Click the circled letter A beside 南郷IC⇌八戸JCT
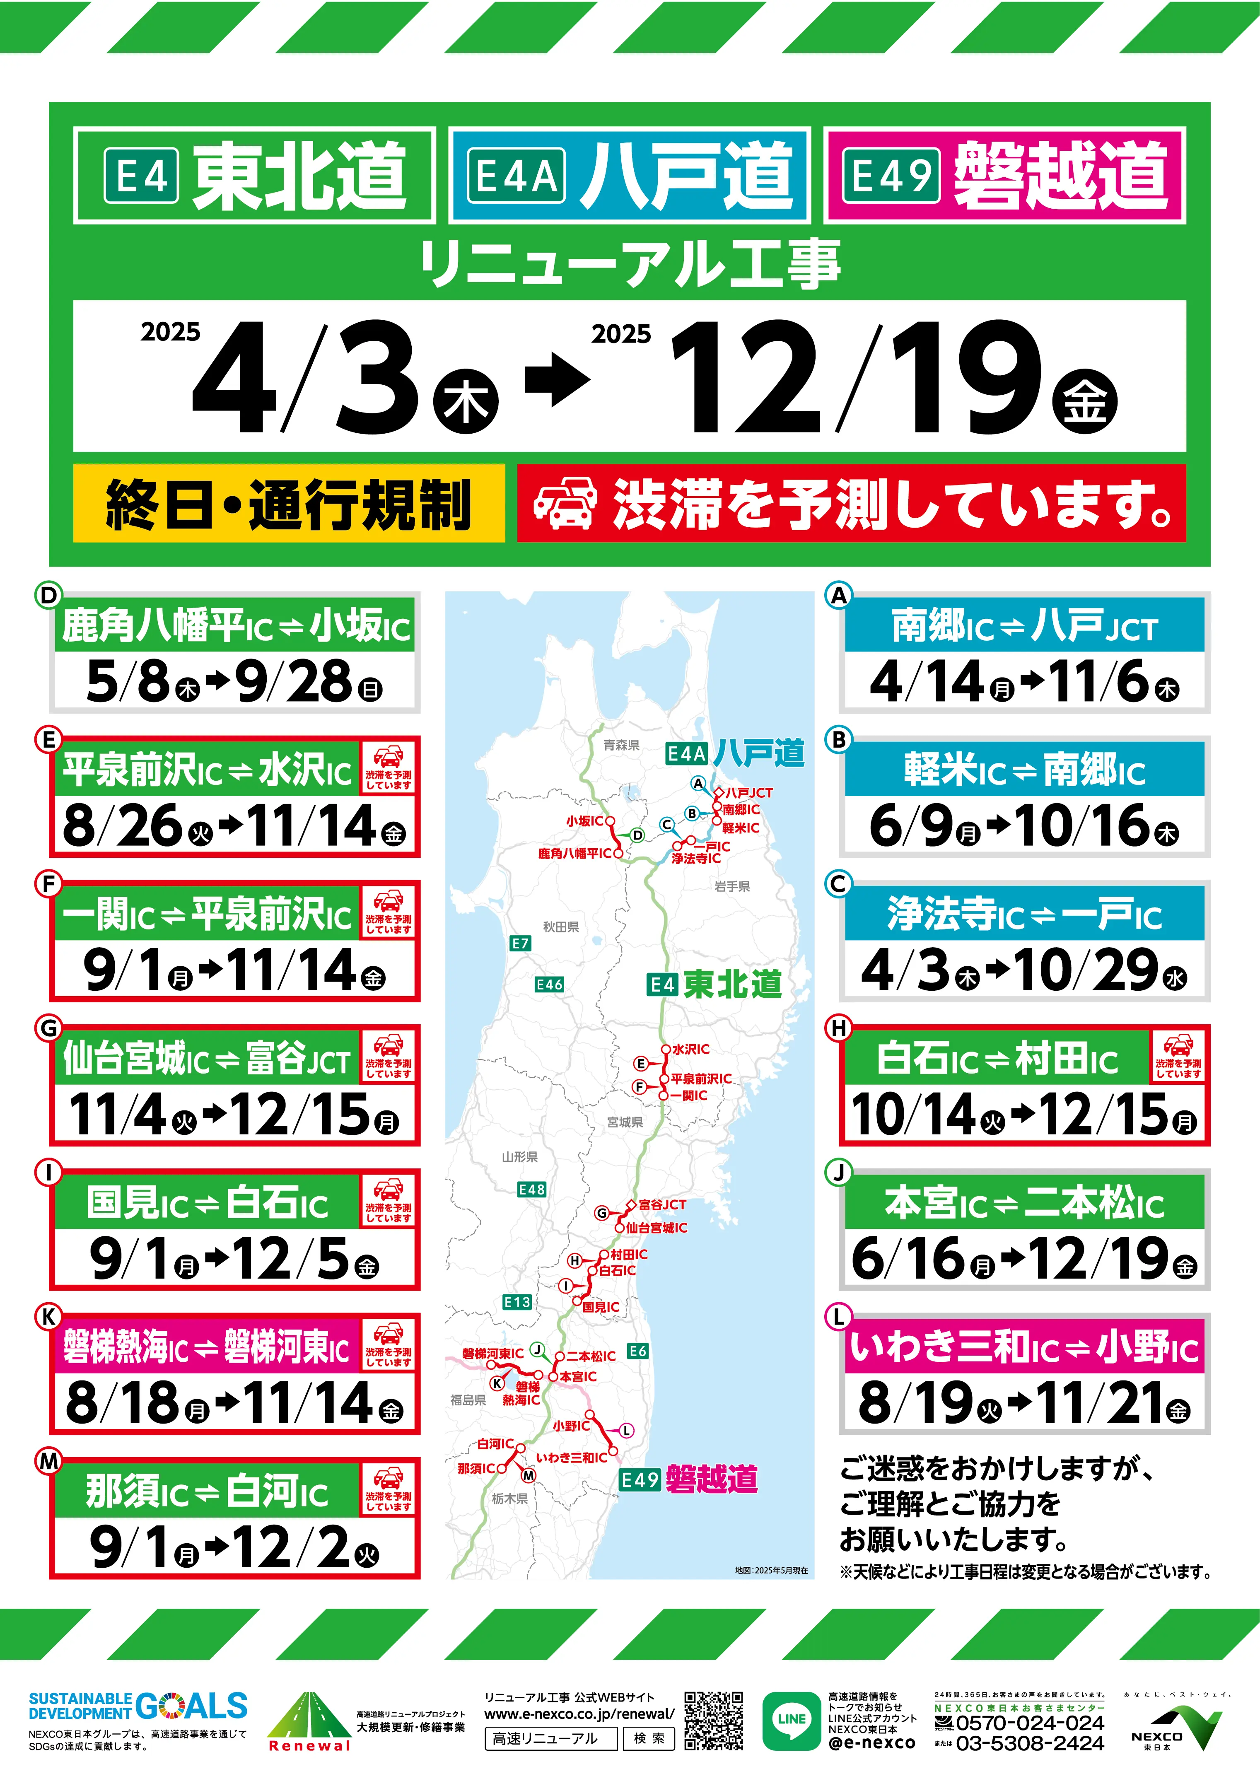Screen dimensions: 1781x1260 click(x=839, y=596)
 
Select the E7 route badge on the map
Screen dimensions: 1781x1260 click(x=520, y=943)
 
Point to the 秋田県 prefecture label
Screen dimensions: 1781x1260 click(x=560, y=926)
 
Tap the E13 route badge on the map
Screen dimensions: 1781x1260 click(x=517, y=1302)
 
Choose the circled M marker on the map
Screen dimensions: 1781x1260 click(x=529, y=1475)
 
